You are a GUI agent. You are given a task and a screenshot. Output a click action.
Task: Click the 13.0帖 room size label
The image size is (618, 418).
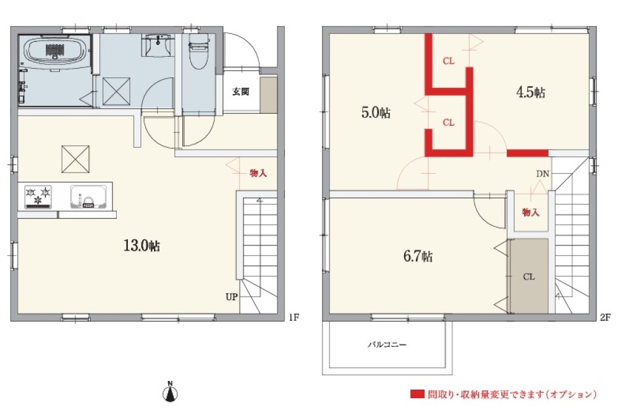pos(142,245)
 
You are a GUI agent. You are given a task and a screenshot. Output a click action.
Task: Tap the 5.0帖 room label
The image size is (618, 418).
pos(375,113)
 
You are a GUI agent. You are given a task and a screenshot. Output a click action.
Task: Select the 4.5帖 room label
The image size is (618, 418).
pos(530,93)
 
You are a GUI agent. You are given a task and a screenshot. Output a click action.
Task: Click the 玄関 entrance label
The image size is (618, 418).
pos(240,92)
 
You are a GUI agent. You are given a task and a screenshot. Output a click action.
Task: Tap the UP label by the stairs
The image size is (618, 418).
pos(231,297)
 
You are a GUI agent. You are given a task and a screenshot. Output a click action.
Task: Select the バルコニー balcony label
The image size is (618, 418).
pos(387,344)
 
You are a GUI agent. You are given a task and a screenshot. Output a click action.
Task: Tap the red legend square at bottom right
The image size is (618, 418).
pos(417,394)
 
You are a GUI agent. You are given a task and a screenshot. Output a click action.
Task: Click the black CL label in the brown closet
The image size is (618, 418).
pos(529,276)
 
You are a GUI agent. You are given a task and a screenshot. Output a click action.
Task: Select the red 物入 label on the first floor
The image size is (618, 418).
pos(258,173)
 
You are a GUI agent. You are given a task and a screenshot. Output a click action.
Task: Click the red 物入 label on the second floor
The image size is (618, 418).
pos(530,212)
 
